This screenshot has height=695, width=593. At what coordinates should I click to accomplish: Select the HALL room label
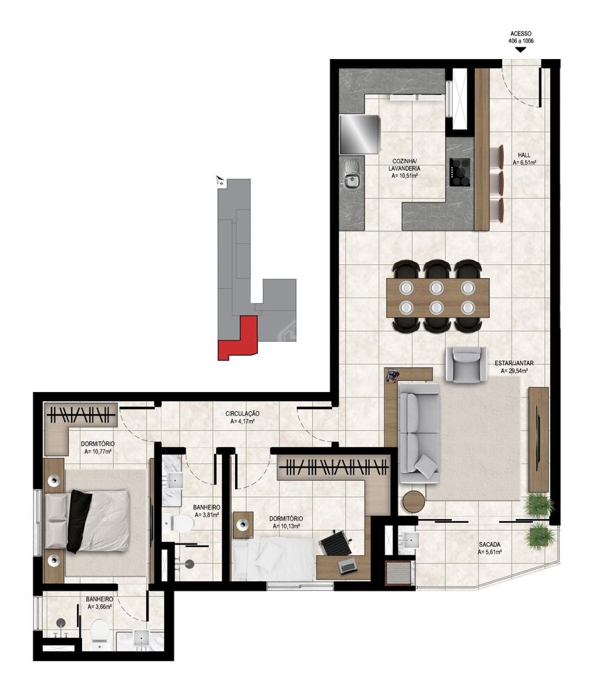524,155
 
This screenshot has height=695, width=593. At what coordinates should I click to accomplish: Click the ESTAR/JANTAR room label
514,363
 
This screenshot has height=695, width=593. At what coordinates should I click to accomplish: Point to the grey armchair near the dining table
465,363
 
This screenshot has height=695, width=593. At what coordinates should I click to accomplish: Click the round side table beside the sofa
414,502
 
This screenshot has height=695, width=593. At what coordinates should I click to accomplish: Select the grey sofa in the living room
419,431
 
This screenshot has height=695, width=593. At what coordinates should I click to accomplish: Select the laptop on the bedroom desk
347,566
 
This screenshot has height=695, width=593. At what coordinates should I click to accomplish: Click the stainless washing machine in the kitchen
359,134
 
